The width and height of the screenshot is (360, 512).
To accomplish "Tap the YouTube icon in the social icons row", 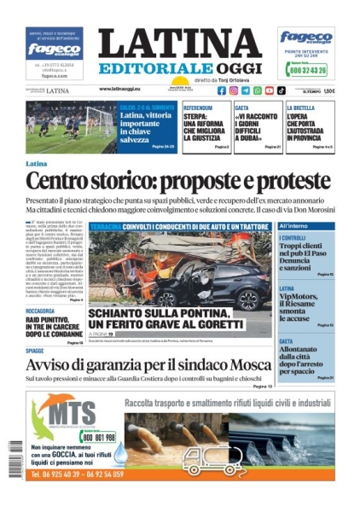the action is pos(270,90).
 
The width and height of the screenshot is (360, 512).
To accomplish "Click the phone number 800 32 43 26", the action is pos(309,72).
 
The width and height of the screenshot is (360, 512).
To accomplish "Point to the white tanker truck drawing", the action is pos(209,461).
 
